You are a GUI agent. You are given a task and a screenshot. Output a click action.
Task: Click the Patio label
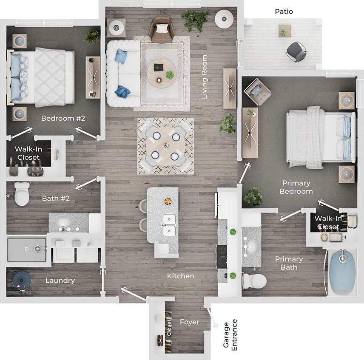point(284,11)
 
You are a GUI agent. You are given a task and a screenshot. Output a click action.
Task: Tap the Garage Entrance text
point(230,336)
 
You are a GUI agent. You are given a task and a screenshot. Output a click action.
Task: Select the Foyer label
point(189,322)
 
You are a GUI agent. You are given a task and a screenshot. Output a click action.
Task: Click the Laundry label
point(60,281)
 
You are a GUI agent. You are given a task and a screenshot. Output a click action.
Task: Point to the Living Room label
point(205,77)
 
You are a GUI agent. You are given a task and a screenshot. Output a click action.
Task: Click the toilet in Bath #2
point(21,194)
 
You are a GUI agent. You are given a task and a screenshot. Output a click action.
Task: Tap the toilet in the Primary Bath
point(253,281)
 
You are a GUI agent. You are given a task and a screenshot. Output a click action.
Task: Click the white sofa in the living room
point(122,73)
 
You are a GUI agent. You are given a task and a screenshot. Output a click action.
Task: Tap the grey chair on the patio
point(296,51)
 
